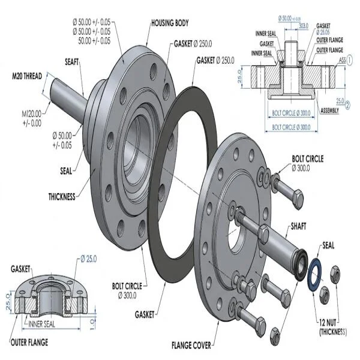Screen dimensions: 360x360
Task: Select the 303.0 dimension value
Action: click(x=303, y=26)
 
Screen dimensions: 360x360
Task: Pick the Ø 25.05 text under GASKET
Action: click(x=325, y=33)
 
